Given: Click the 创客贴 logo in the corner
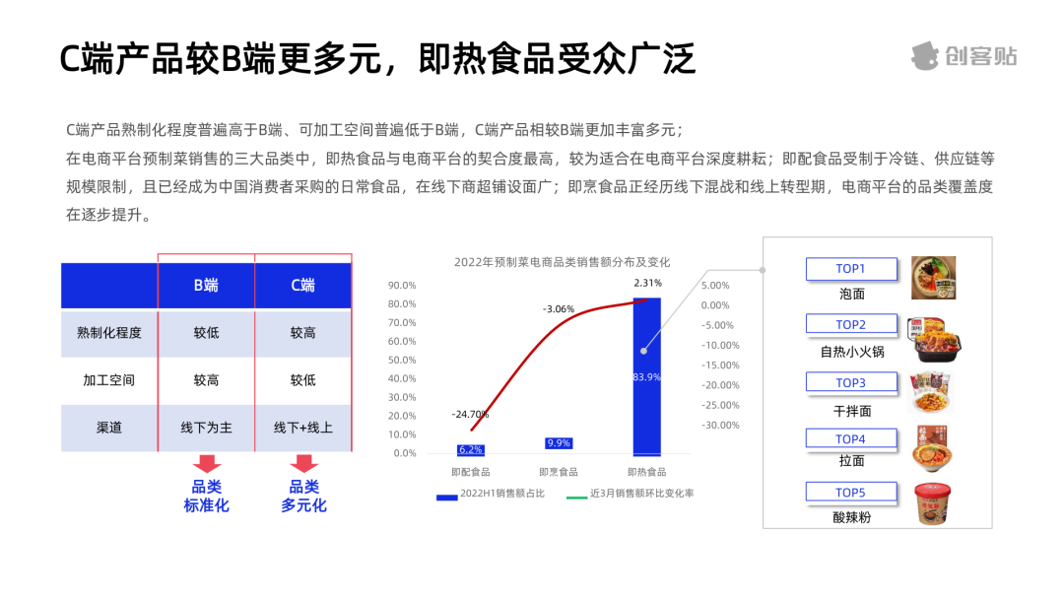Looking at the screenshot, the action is point(964,56).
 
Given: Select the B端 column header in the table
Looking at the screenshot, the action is point(206,286).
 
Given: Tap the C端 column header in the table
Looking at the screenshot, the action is point(303,286).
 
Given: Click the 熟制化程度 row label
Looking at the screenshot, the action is point(109,333).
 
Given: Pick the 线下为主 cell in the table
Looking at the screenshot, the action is point(206,428).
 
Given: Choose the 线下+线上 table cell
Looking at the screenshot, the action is point(303,428).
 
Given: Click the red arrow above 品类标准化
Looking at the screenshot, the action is point(207,464).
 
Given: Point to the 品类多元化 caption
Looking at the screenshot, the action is point(304,496).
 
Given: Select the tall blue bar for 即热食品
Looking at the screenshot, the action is point(646,376).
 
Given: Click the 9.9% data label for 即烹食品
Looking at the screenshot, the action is point(559,443).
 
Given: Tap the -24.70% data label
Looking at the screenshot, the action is point(470,414).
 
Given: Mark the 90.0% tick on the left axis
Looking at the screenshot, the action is point(402,286).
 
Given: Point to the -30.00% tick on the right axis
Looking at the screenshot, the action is point(720,426).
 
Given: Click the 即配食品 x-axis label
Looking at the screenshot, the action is point(470,472).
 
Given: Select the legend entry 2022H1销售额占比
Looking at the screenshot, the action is point(491,494).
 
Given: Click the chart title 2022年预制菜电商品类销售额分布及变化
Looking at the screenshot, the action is point(562,262).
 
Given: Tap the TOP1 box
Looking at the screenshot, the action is point(851,269).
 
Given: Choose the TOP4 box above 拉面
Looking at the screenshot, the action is point(851,438).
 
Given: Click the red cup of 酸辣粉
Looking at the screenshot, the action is point(932,503).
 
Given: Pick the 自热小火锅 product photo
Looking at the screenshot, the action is point(934,340).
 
